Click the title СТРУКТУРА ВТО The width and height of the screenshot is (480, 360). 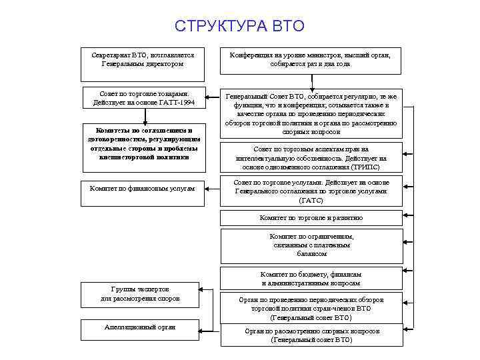pyautogui.click(x=239, y=26)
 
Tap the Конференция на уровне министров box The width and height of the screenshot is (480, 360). pyautogui.click(x=311, y=60)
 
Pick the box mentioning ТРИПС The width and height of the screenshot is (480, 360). pyautogui.click(x=311, y=158)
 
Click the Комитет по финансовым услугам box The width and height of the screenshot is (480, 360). pyautogui.click(x=142, y=189)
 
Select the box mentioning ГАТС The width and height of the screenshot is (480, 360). pyautogui.click(x=311, y=191)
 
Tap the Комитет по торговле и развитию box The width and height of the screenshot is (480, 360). pyautogui.click(x=311, y=218)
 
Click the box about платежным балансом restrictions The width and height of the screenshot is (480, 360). pyautogui.click(x=311, y=245)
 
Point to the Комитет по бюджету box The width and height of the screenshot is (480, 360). pyautogui.click(x=311, y=279)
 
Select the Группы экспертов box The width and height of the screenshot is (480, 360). pyautogui.click(x=140, y=294)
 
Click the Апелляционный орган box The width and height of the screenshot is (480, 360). pyautogui.click(x=140, y=328)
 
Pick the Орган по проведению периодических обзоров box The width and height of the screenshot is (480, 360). pyautogui.click(x=311, y=309)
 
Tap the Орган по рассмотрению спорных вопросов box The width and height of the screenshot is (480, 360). pyautogui.click(x=311, y=335)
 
